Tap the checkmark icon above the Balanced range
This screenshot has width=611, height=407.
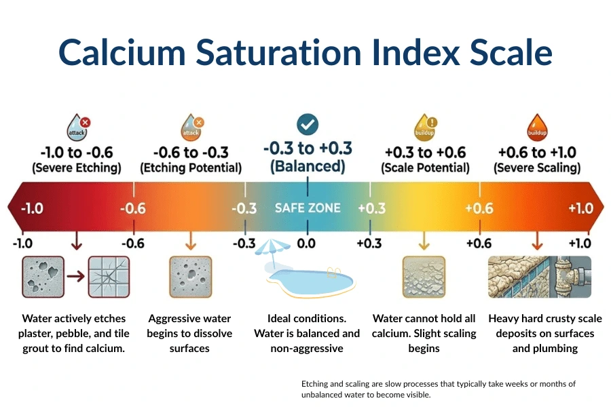[308, 124]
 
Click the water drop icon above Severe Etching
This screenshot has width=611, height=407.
[77, 127]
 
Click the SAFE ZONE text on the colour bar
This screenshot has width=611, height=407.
[308, 208]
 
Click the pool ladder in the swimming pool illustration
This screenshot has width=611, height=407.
[333, 273]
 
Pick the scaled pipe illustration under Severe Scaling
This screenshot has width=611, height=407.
[540, 277]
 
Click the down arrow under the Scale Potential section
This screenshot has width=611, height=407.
[424, 240]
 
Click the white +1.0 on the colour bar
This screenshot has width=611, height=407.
[580, 208]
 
